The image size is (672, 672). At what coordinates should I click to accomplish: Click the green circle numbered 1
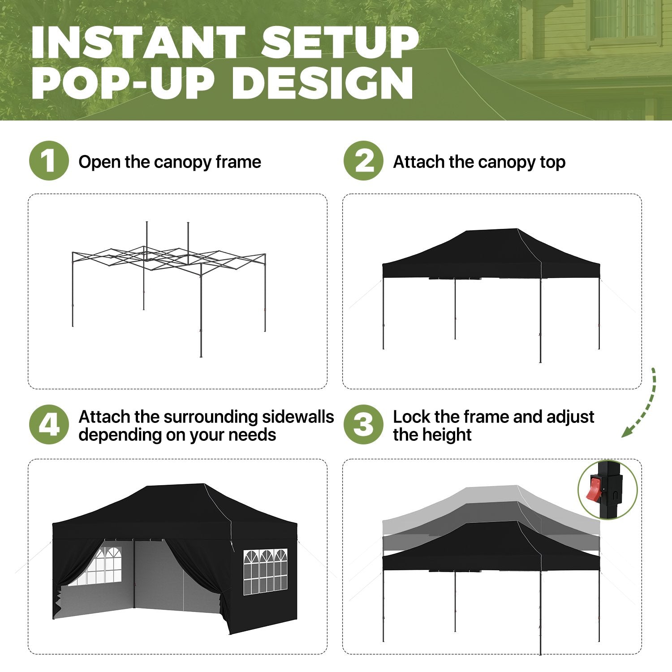[49, 161]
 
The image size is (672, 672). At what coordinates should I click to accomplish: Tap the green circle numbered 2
[363, 161]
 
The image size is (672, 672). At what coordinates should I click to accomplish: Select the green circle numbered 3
[363, 425]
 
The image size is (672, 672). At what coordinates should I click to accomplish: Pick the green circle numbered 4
[49, 425]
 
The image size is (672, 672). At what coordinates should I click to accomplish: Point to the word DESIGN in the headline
[322, 83]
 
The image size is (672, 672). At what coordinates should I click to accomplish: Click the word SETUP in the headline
[340, 43]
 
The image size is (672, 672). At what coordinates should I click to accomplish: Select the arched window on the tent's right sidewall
[265, 572]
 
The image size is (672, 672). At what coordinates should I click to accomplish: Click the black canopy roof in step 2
[491, 253]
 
